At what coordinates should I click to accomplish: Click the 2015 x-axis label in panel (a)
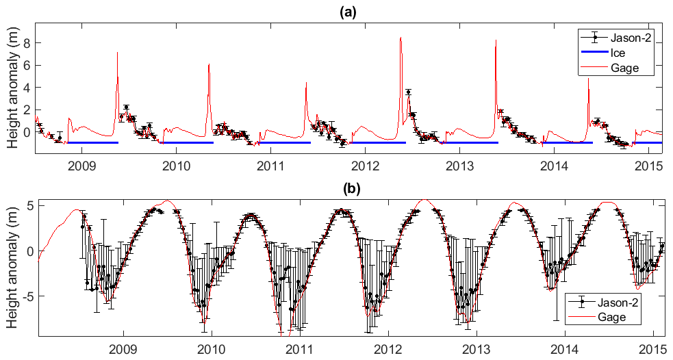pos(648,166)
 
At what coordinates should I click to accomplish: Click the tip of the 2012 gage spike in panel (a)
pos(401,38)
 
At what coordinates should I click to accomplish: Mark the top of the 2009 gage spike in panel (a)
pos(117,52)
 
